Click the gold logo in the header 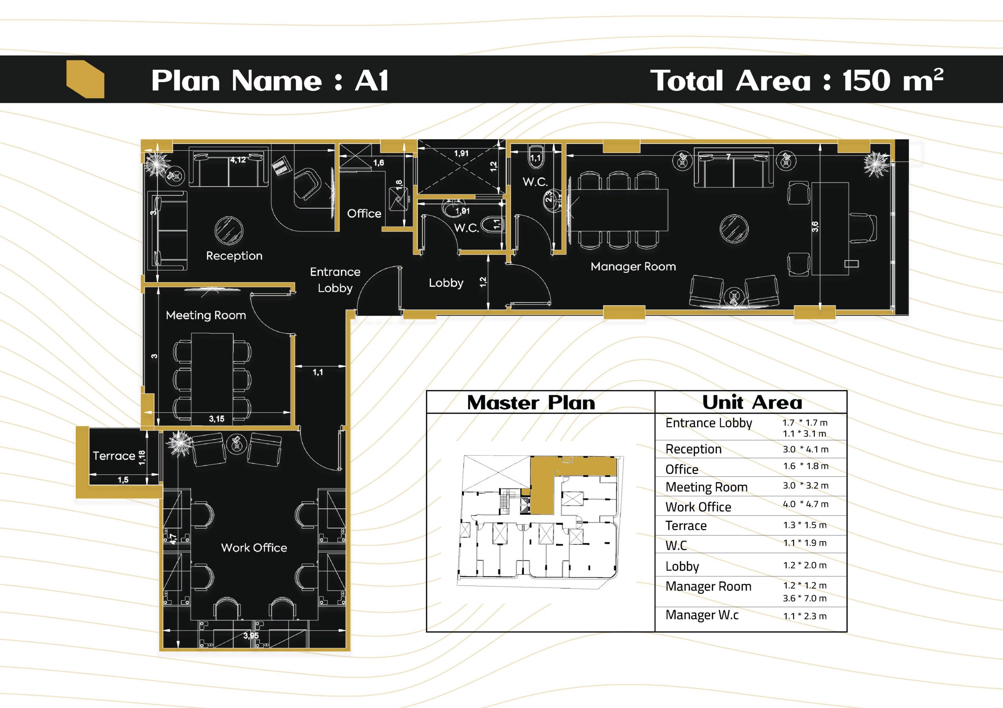click(85, 79)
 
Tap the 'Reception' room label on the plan click(234, 256)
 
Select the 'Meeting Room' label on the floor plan click(206, 315)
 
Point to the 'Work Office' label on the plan click(254, 548)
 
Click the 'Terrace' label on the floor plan click(114, 456)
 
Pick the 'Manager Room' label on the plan click(633, 266)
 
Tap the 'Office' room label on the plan click(364, 213)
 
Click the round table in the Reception click(229, 231)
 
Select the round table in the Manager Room click(733, 229)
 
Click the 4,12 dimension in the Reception click(238, 160)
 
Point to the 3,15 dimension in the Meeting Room click(217, 419)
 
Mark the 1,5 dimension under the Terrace click(123, 480)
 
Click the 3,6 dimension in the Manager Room click(815, 226)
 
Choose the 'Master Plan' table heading click(531, 402)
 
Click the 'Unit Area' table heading click(752, 402)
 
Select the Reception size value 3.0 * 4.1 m click(806, 449)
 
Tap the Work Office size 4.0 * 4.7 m click(806, 504)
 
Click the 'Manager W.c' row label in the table click(702, 615)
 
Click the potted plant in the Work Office click(179, 443)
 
